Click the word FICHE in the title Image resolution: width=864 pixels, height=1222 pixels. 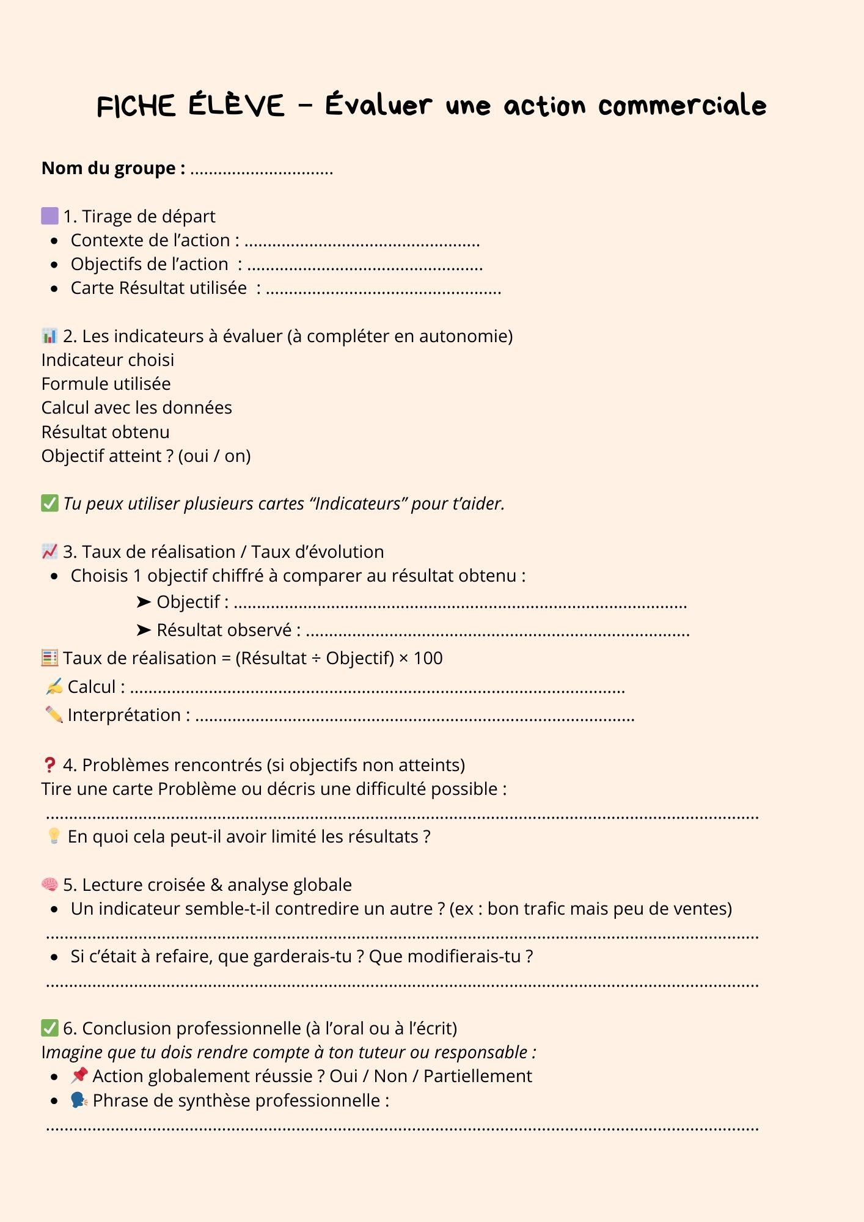pos(136,106)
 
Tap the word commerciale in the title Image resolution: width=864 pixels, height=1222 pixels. pos(682,106)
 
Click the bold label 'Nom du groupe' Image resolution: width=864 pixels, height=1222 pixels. pos(113,168)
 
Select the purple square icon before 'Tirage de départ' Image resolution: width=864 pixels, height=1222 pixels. pos(49,216)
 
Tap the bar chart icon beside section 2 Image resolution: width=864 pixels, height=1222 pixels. pos(49,336)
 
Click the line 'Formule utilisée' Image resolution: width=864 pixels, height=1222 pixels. pos(106,384)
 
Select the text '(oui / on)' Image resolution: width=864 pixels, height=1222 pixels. pos(214,456)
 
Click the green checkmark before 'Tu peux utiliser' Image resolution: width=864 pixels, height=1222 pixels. pos(49,503)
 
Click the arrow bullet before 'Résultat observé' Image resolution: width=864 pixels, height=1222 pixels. pos(144,630)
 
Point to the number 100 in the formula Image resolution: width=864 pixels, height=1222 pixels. pos(428,658)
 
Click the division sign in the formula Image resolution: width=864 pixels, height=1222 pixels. pos(316,659)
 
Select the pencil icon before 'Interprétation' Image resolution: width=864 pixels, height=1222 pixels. pos(54,714)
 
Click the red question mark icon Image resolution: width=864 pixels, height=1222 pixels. pos(49,765)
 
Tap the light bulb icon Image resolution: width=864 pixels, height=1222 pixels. pos(54,836)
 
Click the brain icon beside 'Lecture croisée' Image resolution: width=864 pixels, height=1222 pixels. pos(49,884)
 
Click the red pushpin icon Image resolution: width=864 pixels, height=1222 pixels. pos(79,1075)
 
